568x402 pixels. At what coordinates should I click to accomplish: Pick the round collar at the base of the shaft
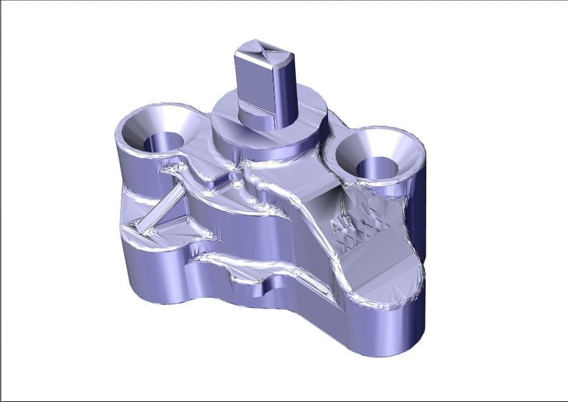coord(251,117)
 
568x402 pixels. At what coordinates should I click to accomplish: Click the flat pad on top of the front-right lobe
coord(379,264)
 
